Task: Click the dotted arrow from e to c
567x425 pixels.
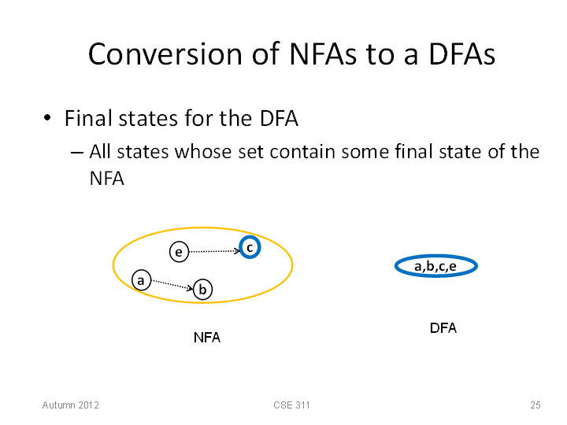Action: tap(214, 251)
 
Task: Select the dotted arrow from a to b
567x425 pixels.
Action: tap(172, 284)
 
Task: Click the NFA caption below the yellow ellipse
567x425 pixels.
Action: tap(207, 338)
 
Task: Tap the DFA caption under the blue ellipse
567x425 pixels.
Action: tap(443, 328)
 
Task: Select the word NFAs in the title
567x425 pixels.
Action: tap(323, 54)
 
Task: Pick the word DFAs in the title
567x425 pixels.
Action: tap(462, 54)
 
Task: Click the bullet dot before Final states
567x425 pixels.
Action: tap(47, 118)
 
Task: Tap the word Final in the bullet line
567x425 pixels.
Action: tap(88, 118)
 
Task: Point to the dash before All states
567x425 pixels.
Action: tap(76, 153)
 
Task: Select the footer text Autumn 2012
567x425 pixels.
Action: tap(71, 405)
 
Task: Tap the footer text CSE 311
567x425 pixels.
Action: tap(291, 405)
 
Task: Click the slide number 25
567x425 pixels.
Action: tap(535, 405)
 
